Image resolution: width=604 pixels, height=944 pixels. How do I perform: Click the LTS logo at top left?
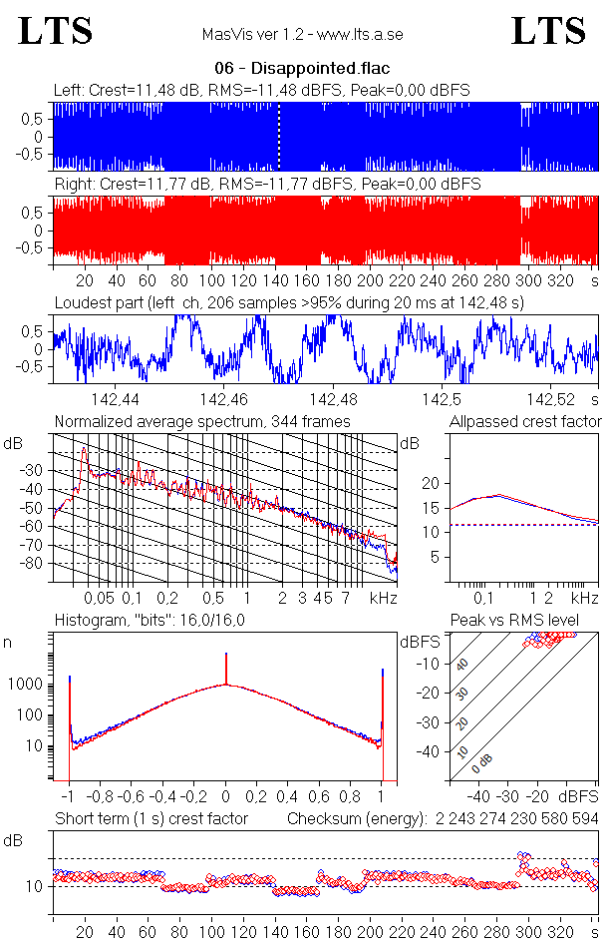56,31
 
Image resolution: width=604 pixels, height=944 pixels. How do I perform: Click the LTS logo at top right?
548,31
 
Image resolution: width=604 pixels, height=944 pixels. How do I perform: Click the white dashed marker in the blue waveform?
278,137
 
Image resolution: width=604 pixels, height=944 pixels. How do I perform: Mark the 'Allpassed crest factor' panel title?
525,421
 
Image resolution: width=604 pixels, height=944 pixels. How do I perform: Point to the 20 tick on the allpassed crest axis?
432,483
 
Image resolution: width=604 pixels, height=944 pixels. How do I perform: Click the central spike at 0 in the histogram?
226,669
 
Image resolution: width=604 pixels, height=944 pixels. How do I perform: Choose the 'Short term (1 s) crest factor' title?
151,818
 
